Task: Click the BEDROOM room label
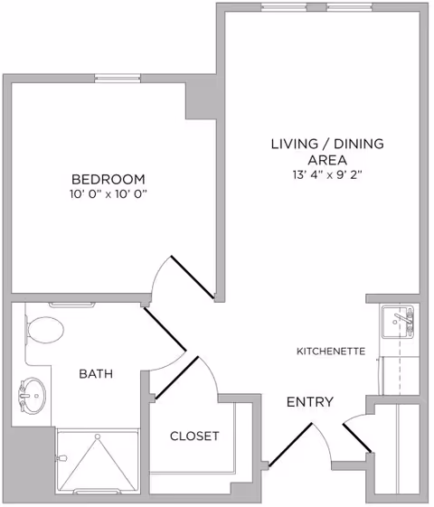click(108, 178)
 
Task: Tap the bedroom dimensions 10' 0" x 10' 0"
click(108, 194)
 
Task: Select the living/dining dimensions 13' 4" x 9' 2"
click(328, 174)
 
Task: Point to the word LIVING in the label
click(297, 144)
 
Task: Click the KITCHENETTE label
click(331, 351)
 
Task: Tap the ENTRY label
click(310, 402)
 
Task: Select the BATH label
click(95, 373)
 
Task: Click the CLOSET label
click(194, 436)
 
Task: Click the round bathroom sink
click(33, 393)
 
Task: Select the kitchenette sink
click(398, 321)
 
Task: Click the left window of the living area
click(281, 7)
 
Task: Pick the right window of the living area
click(349, 7)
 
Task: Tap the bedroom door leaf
click(193, 277)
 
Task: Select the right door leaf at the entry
click(357, 437)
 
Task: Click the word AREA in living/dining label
click(328, 159)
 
